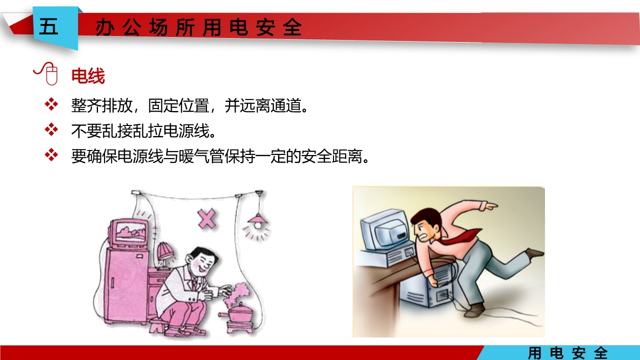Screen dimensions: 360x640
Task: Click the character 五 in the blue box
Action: tap(48, 27)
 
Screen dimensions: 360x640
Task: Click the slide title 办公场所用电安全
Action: tap(198, 28)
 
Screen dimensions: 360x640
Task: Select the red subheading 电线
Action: tap(88, 77)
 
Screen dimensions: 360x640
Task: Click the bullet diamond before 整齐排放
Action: tap(51, 104)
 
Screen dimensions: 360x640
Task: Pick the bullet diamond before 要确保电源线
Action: tap(51, 155)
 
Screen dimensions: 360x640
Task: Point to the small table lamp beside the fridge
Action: tap(164, 254)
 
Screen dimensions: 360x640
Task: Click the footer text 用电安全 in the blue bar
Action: tap(568, 353)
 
